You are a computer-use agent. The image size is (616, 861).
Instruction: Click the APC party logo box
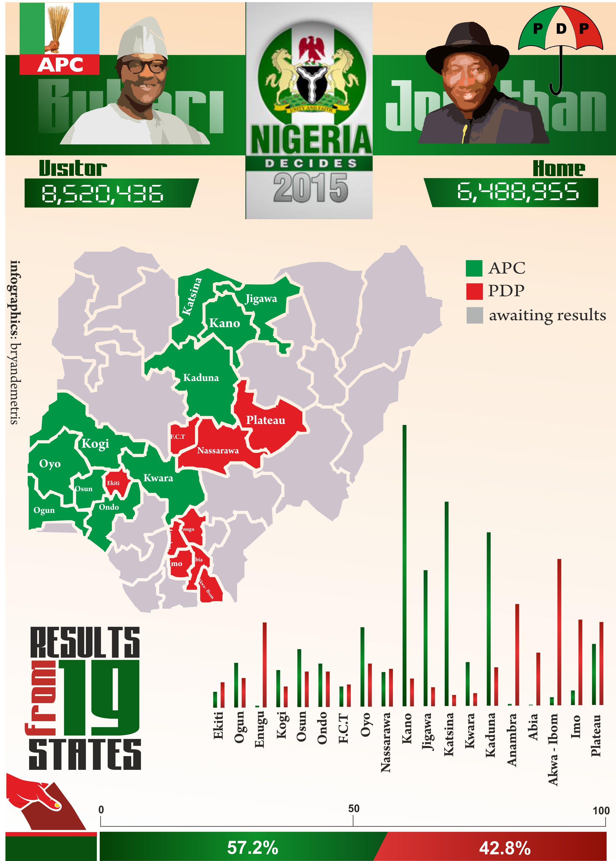[59, 39]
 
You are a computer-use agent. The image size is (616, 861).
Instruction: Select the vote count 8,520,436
[102, 193]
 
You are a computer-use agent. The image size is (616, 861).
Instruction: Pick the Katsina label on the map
[192, 296]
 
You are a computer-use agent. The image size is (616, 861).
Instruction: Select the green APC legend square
[474, 268]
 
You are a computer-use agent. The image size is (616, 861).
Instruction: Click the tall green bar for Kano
[404, 566]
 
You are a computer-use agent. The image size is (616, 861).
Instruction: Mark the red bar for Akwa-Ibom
[559, 632]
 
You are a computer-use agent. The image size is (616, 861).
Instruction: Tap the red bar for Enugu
[264, 664]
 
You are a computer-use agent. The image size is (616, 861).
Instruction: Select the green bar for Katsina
[446, 604]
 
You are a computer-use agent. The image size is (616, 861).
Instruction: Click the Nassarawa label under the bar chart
[386, 742]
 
